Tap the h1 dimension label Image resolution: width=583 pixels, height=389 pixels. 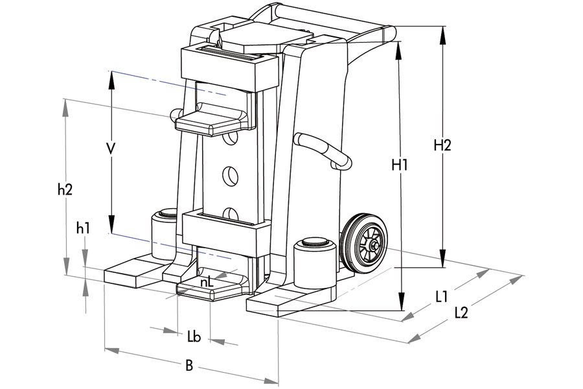click(83, 228)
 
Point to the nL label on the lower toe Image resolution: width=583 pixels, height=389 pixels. click(207, 282)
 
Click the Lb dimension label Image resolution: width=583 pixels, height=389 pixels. click(193, 336)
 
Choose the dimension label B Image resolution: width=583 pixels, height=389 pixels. click(189, 366)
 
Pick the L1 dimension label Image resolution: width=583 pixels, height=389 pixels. click(442, 296)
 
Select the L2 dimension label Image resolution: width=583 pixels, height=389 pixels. click(461, 312)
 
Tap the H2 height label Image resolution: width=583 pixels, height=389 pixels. click(442, 145)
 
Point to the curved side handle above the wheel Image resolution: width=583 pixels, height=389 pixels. click(324, 149)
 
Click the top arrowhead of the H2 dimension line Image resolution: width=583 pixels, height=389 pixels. click(442, 34)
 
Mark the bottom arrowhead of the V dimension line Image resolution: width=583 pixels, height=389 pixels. click(111, 224)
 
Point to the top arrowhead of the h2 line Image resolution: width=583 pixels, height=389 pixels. click(65, 108)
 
